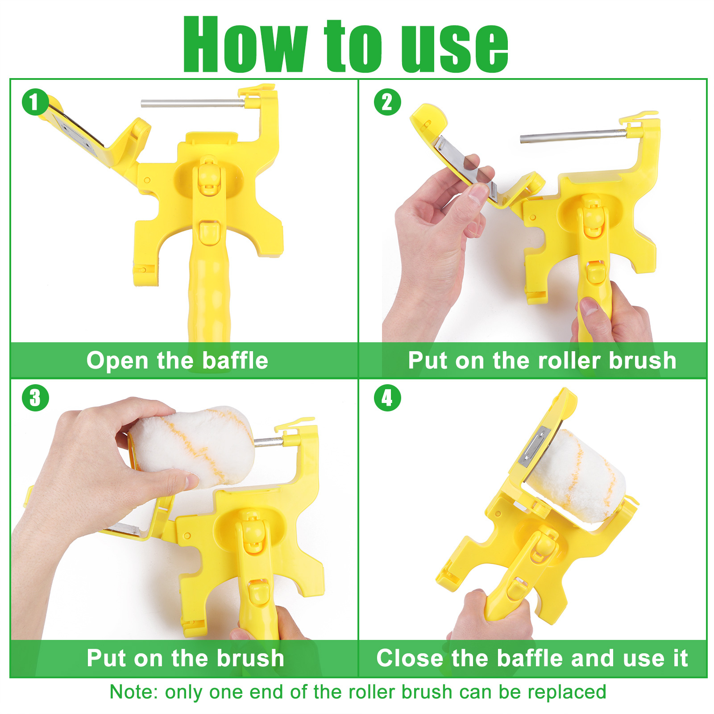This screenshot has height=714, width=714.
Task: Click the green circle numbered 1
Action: click(35, 102)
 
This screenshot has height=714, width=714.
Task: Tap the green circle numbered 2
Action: click(387, 102)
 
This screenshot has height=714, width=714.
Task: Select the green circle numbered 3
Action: click(35, 398)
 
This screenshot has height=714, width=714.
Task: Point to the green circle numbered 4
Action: click(387, 398)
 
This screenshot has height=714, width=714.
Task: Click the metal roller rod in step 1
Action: click(193, 104)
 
